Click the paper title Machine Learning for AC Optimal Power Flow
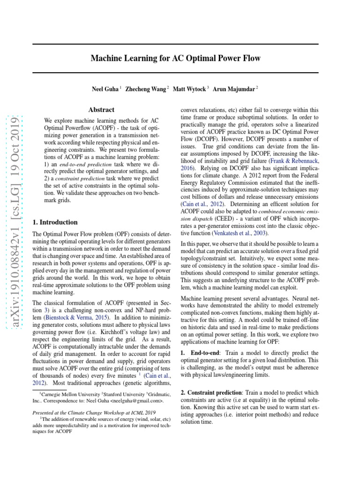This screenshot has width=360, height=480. (175, 59)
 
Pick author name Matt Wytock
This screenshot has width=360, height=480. (189, 89)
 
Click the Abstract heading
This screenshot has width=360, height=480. (101, 110)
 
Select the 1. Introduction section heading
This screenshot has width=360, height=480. (55, 222)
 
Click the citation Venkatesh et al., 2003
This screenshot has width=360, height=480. (240, 233)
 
